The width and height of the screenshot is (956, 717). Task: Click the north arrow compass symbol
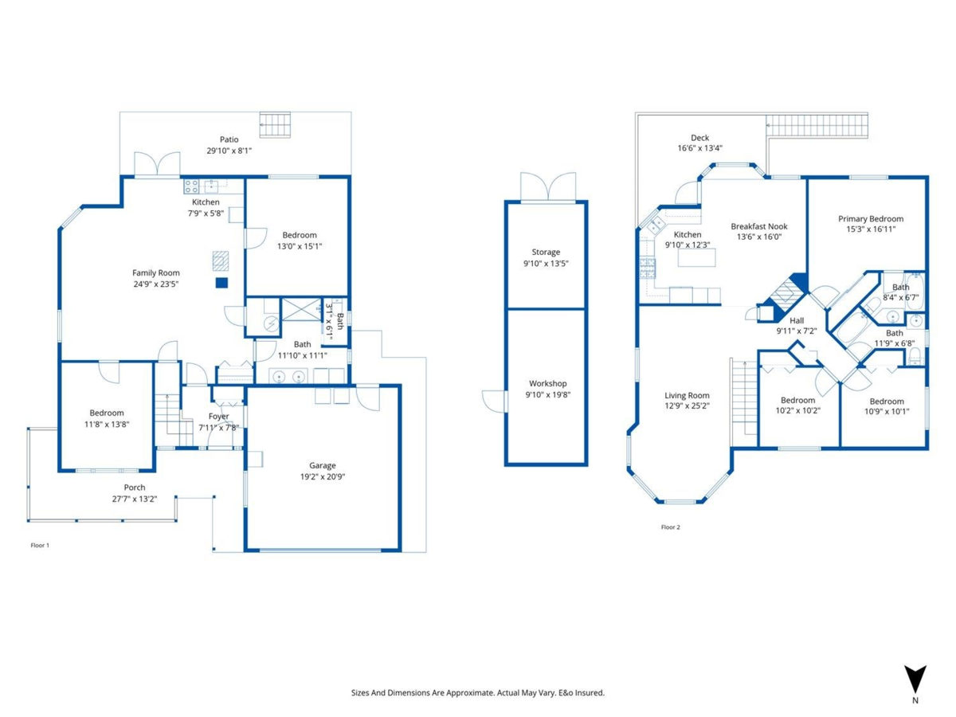915,678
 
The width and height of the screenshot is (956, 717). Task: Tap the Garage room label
323,465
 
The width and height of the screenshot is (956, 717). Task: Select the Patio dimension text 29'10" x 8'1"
229,150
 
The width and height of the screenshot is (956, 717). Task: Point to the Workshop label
547,384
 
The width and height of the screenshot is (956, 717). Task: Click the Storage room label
546,253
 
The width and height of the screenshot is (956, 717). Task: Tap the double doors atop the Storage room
547,186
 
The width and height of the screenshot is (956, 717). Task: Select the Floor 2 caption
670,527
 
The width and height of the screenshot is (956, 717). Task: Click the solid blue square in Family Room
222,283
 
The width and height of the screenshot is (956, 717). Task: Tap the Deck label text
699,138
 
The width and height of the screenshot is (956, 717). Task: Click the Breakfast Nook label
758,226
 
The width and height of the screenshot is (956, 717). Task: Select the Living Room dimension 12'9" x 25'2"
687,406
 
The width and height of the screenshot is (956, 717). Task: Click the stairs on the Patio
276,125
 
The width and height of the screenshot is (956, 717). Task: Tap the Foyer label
218,417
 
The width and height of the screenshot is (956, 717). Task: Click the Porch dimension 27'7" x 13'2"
135,499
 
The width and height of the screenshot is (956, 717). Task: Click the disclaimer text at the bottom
478,693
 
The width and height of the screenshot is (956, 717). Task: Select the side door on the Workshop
494,401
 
